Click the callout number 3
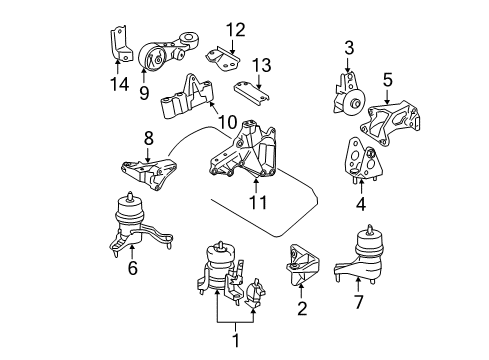click(349, 47)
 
